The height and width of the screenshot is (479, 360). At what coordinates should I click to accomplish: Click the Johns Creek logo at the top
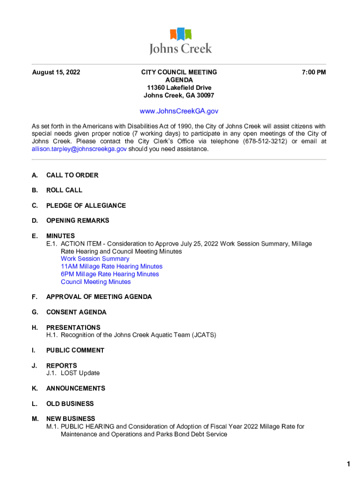180,41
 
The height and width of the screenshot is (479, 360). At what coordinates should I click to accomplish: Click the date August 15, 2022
56,73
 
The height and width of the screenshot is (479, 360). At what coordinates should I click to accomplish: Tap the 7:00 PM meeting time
314,73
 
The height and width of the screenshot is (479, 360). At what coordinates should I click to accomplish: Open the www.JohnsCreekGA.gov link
179,111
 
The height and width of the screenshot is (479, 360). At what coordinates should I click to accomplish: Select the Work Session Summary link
95,259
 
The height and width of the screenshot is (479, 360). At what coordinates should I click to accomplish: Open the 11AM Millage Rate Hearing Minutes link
112,267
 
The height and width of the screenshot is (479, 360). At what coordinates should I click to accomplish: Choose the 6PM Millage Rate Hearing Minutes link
110,274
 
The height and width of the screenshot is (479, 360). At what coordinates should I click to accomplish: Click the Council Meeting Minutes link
96,282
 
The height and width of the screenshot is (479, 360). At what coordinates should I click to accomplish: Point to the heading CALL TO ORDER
72,175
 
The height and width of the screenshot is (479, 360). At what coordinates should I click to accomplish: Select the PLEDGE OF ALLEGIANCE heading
86,206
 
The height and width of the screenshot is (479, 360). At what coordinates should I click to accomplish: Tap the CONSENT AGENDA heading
76,312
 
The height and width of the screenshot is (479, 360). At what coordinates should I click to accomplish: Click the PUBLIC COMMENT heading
75,350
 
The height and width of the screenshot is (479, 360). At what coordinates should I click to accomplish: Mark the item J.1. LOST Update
73,373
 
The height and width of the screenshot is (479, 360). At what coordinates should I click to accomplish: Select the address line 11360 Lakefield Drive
179,88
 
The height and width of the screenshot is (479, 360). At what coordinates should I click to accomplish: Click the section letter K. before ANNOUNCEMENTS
35,389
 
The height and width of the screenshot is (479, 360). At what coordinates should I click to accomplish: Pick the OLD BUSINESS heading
70,404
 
